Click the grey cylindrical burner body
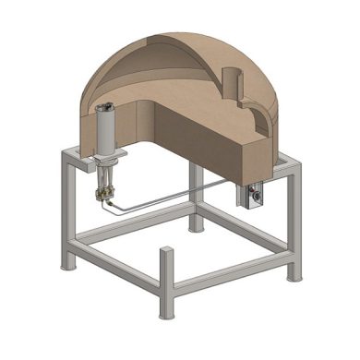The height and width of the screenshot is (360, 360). pos(106,129)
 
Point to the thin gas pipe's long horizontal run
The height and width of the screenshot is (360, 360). pos(175,198)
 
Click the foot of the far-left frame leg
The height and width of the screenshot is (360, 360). pos(68,265)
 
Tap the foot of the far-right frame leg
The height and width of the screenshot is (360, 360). pos(293,275)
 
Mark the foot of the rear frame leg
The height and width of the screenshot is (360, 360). pos(197,226)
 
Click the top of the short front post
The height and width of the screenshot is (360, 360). pos(166,251)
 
